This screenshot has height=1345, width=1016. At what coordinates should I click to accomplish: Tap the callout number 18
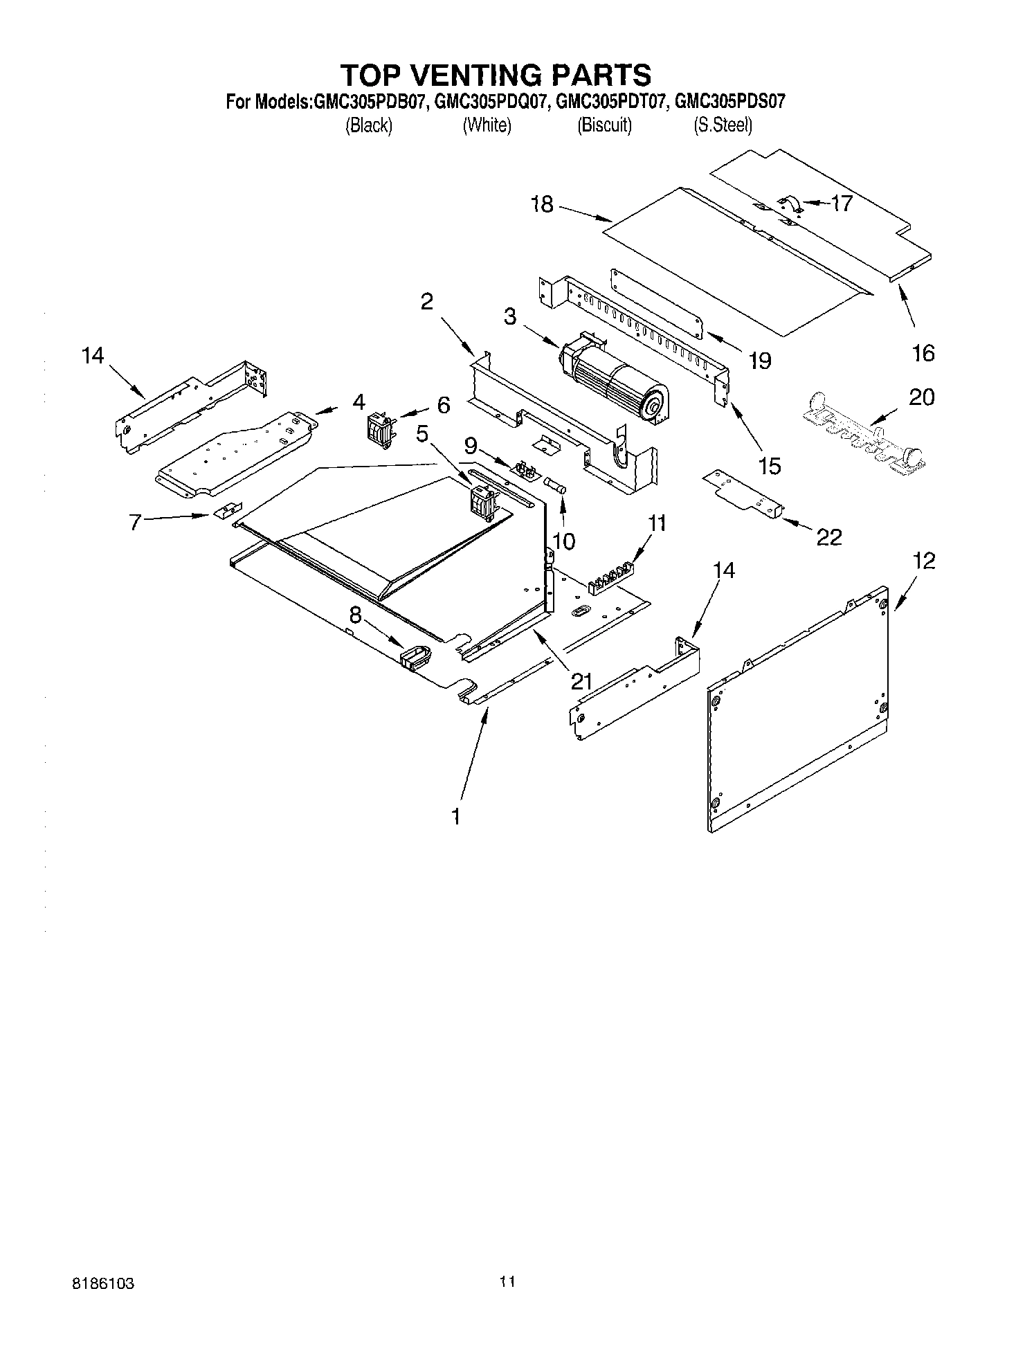[543, 204]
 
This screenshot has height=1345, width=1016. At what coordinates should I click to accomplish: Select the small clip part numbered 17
[791, 205]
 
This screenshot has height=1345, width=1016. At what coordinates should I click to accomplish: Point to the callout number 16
[923, 353]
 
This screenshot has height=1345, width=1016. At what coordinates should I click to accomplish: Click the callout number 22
[830, 536]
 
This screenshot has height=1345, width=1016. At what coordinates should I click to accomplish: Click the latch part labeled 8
[415, 656]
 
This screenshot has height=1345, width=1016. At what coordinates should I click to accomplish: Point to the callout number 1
[455, 817]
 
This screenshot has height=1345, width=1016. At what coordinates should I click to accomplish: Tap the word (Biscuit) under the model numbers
[604, 126]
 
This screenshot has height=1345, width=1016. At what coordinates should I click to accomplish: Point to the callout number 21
[581, 682]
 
